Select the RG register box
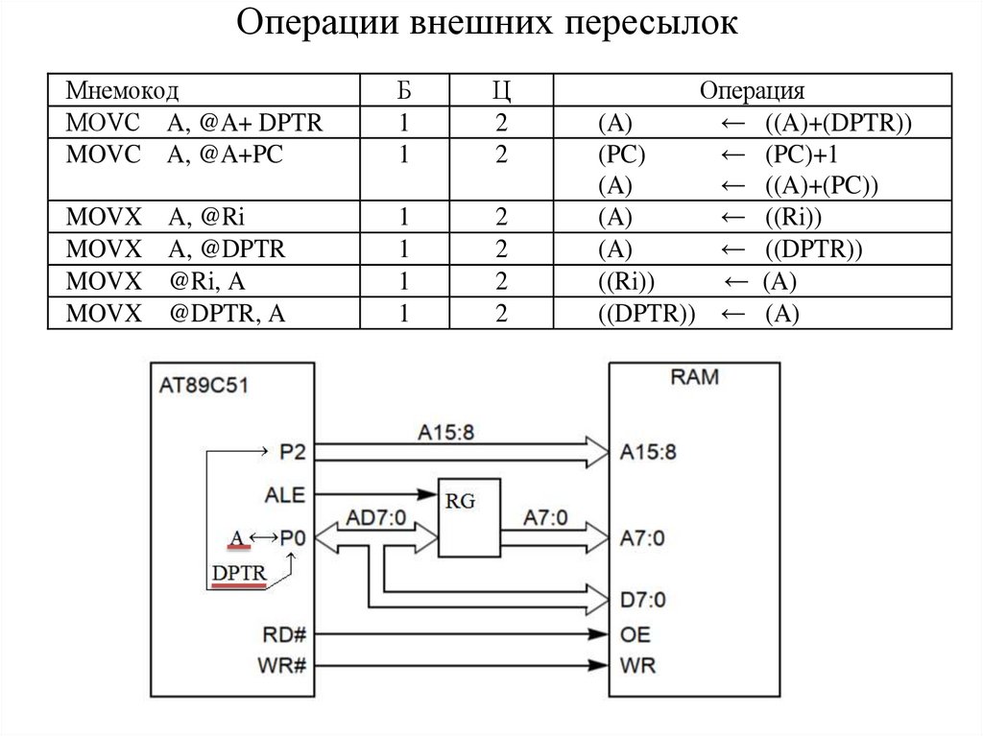470,516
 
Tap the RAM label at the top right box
694,378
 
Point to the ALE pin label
283,495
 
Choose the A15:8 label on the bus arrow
445,432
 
